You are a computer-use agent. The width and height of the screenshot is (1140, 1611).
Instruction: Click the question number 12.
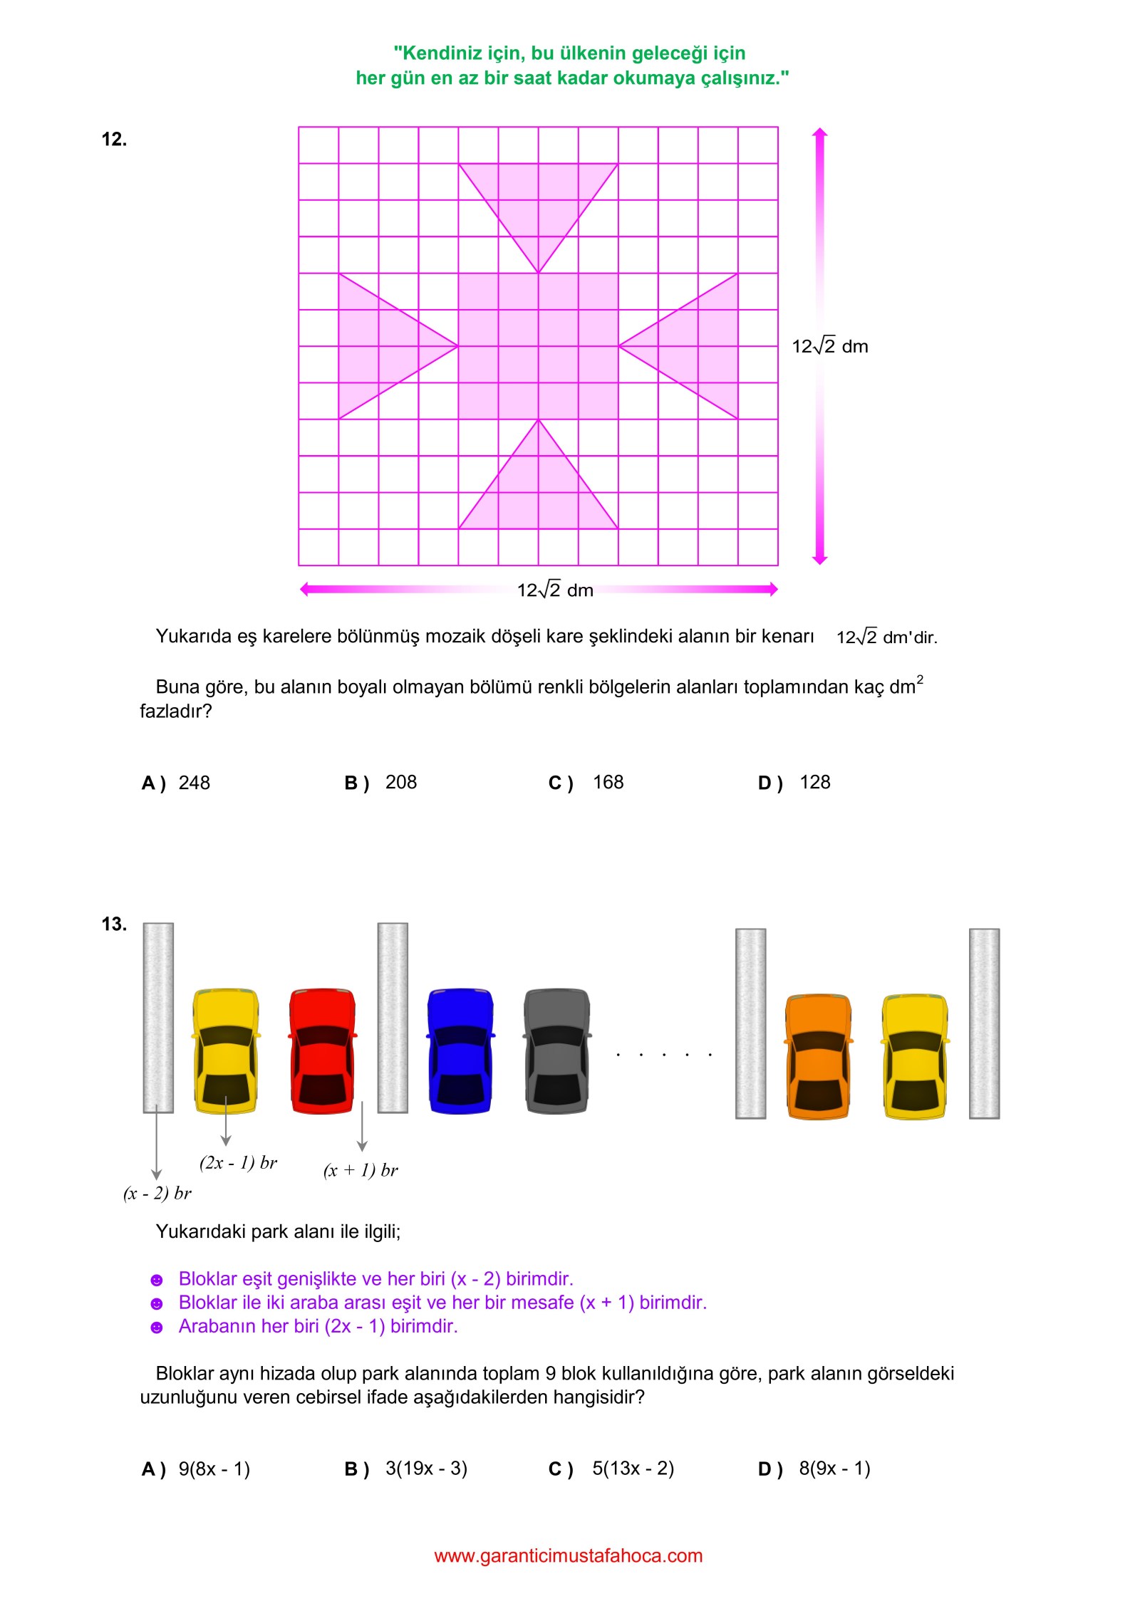click(114, 139)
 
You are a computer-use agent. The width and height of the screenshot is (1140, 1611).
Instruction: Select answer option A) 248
click(176, 783)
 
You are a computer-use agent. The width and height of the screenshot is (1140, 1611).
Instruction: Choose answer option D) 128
click(794, 783)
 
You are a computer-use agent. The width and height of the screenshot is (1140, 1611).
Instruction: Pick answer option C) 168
click(586, 783)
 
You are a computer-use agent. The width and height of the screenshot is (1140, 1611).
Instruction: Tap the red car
click(322, 1050)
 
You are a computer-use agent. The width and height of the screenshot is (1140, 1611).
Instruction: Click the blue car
click(460, 1050)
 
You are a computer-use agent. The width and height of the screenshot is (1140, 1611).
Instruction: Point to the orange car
click(819, 1056)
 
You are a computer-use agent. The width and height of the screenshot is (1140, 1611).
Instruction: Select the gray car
click(557, 1050)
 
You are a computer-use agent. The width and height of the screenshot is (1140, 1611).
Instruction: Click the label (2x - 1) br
click(238, 1163)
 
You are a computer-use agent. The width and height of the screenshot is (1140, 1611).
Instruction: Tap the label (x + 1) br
click(361, 1170)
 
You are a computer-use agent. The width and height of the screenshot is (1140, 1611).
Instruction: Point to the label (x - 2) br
click(157, 1193)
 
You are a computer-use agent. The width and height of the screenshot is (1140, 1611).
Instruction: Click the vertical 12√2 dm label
click(830, 347)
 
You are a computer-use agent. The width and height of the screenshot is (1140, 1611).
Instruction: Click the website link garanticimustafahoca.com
click(569, 1556)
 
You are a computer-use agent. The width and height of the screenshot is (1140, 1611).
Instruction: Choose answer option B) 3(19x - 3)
click(406, 1469)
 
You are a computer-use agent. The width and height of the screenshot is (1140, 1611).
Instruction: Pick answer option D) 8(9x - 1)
click(814, 1469)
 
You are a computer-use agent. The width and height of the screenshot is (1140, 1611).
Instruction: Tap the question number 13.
click(114, 924)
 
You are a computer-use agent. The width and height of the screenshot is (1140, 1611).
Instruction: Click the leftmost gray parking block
click(158, 1018)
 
